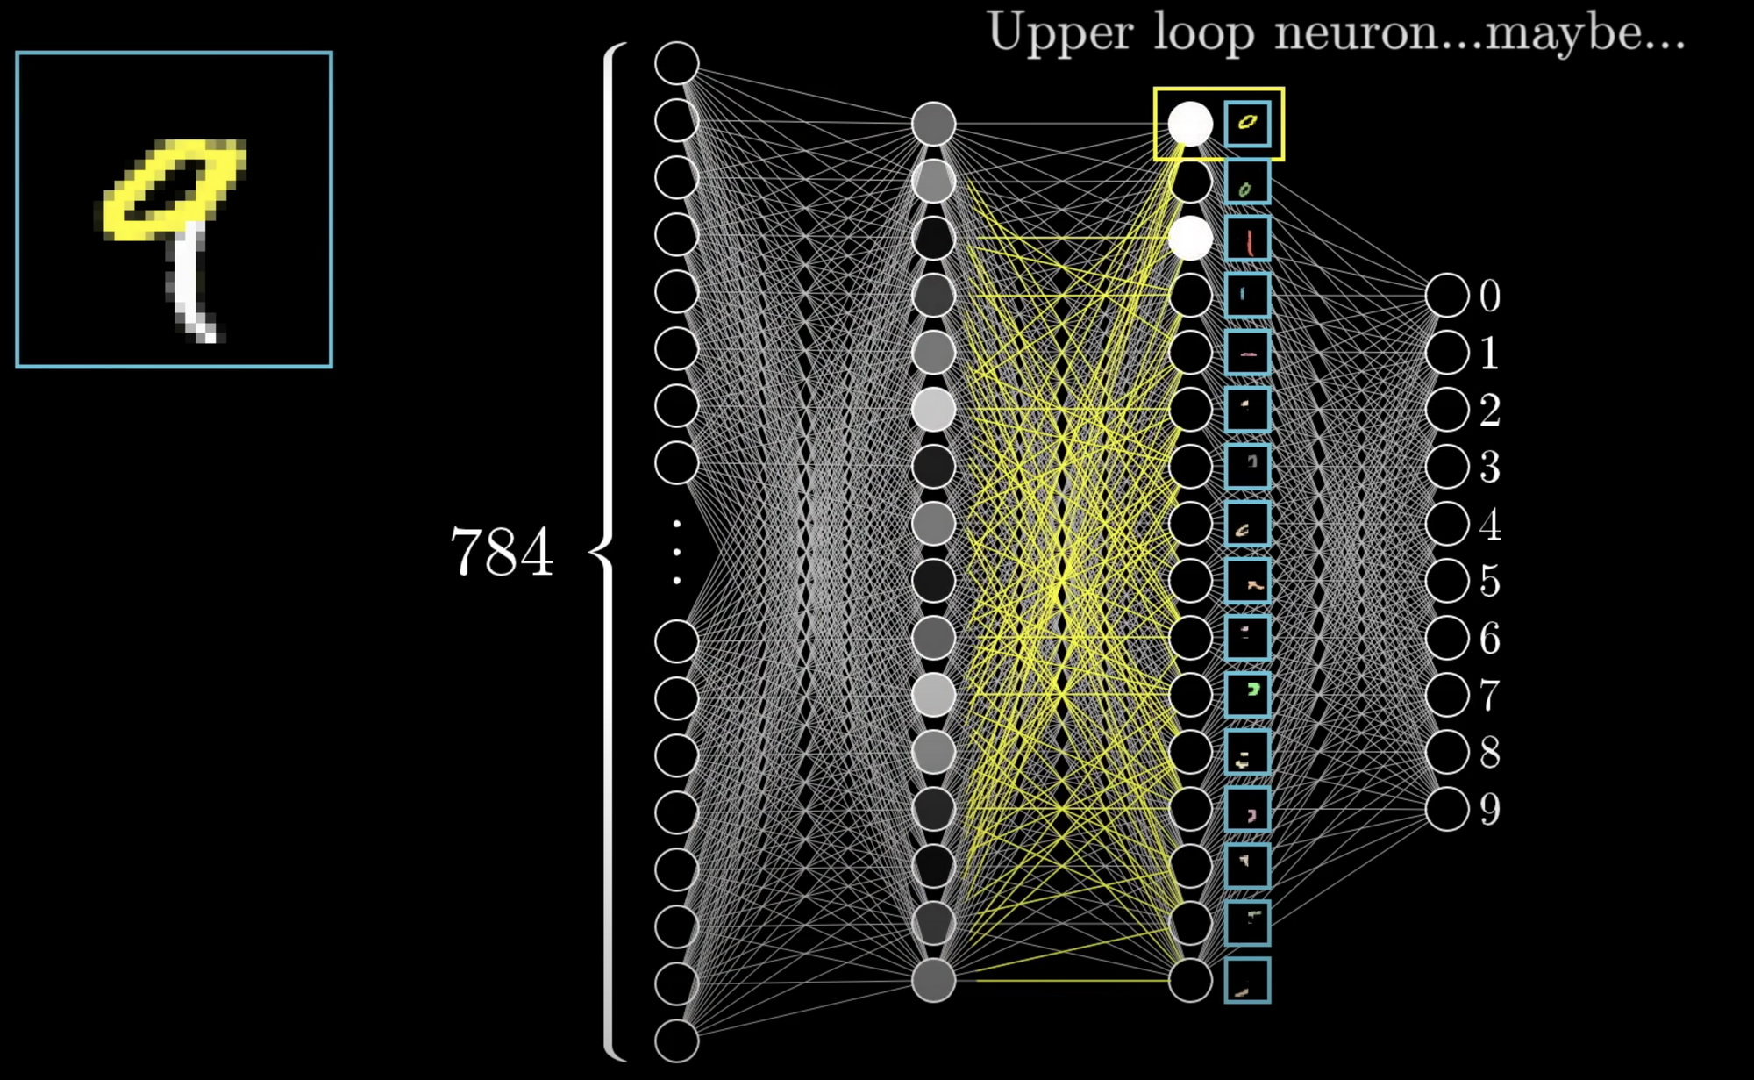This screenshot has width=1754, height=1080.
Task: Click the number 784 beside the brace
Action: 502,553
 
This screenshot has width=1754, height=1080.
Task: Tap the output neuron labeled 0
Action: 1447,296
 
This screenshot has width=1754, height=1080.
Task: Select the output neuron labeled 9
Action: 1447,809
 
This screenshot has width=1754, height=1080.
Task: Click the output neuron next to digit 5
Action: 1447,581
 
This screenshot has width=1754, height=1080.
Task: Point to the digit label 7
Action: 1489,696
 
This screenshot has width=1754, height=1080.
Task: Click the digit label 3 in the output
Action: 1489,468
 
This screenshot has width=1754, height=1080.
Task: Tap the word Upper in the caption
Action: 1059,33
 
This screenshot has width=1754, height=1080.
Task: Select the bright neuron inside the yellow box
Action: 1190,124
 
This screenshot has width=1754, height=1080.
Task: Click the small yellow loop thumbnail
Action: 1247,122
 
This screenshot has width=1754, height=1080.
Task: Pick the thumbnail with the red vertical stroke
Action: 1247,239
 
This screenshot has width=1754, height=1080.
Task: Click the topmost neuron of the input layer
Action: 676,63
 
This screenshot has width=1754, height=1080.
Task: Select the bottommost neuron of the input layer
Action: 676,1041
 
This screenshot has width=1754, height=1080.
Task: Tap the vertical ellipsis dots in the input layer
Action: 676,552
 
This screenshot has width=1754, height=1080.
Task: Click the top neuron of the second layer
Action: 933,124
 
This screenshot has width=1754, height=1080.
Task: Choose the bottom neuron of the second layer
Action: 933,980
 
